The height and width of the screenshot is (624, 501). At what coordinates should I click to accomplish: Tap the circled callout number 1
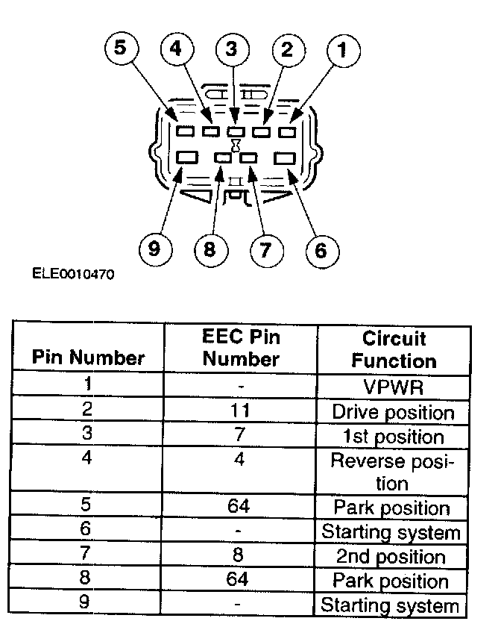343,52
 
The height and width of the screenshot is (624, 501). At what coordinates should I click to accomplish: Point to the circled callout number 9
154,249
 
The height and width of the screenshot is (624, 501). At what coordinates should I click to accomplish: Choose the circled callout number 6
321,250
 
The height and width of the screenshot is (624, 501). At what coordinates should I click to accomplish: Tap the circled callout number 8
209,249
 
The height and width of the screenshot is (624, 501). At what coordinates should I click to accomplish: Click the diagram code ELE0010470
73,274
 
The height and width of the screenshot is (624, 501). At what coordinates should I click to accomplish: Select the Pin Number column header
88,358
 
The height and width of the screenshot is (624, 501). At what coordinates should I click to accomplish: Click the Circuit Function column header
394,349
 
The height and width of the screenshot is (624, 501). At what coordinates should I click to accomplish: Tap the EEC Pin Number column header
240,348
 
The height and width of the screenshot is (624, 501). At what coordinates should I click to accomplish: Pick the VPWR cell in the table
394,387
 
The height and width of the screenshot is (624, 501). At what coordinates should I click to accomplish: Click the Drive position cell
394,412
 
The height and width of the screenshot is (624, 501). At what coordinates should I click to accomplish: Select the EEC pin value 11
240,411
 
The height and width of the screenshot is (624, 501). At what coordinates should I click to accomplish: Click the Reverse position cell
394,472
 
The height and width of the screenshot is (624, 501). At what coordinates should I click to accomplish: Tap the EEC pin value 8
240,556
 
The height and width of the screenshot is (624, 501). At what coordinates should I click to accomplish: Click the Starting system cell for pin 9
391,605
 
